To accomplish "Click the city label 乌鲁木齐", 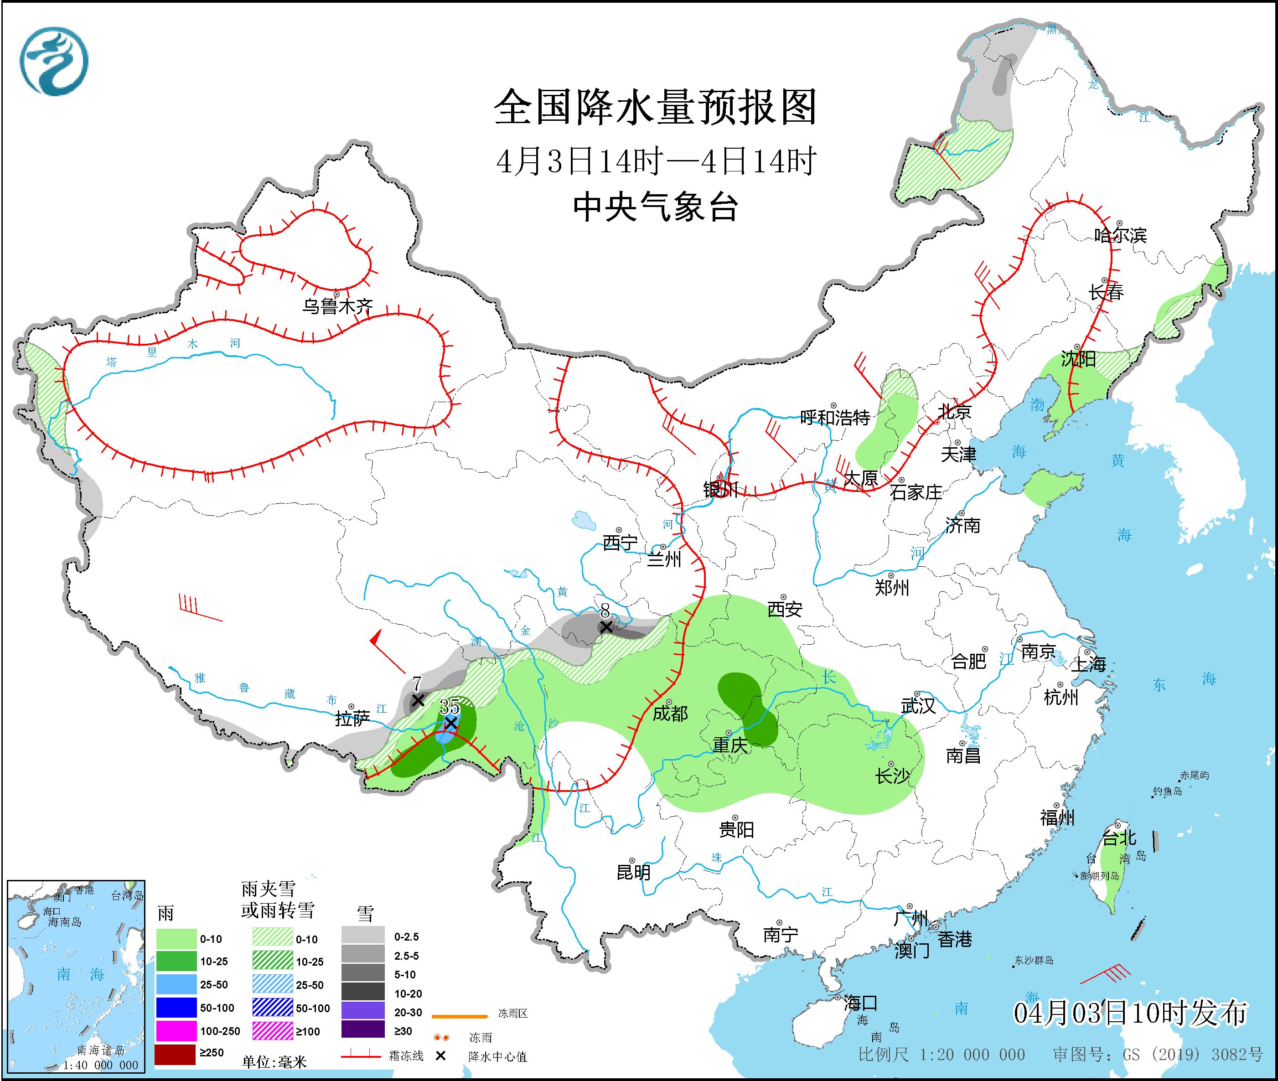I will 337,306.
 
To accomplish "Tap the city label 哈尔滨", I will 1120,235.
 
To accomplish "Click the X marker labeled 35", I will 450,723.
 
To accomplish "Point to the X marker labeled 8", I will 605,627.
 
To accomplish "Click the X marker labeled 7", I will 418,700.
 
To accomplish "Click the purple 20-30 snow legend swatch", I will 363,1010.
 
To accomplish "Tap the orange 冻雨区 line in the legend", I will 459,1015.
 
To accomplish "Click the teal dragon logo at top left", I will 54,61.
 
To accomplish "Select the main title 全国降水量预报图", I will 655,107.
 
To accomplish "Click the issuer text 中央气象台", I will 655,207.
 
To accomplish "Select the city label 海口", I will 860,1003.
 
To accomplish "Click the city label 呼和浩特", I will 835,418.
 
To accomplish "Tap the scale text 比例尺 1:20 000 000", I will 941,1055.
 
